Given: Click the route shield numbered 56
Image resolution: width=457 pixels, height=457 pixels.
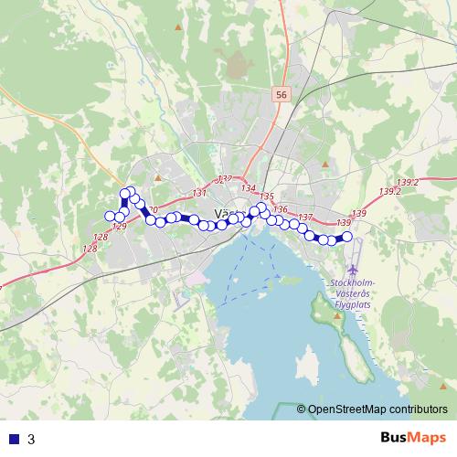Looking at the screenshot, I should [x=281, y=94].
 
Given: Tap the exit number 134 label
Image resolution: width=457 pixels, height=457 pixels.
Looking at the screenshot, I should [x=249, y=188].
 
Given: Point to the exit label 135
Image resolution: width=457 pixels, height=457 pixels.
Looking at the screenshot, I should [x=267, y=197].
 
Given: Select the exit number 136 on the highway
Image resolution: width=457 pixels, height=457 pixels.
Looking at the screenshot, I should [x=280, y=209].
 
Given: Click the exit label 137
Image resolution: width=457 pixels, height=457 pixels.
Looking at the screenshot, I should [x=305, y=218].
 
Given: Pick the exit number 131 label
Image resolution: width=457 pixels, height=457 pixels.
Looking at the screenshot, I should [x=199, y=193].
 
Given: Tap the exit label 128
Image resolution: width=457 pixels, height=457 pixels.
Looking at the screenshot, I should [x=89, y=249].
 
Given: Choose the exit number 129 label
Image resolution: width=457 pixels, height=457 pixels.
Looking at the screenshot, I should [x=118, y=227].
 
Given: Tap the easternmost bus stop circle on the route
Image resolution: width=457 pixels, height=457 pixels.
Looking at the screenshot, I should [x=346, y=237].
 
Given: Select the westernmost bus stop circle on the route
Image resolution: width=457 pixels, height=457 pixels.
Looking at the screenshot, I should [x=111, y=216].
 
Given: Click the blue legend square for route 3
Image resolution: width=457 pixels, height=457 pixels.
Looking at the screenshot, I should [x=14, y=439].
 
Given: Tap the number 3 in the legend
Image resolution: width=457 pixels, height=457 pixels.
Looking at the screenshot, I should [x=31, y=439].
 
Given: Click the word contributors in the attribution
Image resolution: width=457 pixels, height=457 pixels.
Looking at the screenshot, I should [x=418, y=410].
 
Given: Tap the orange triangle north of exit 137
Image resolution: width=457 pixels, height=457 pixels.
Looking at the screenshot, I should [x=324, y=164].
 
